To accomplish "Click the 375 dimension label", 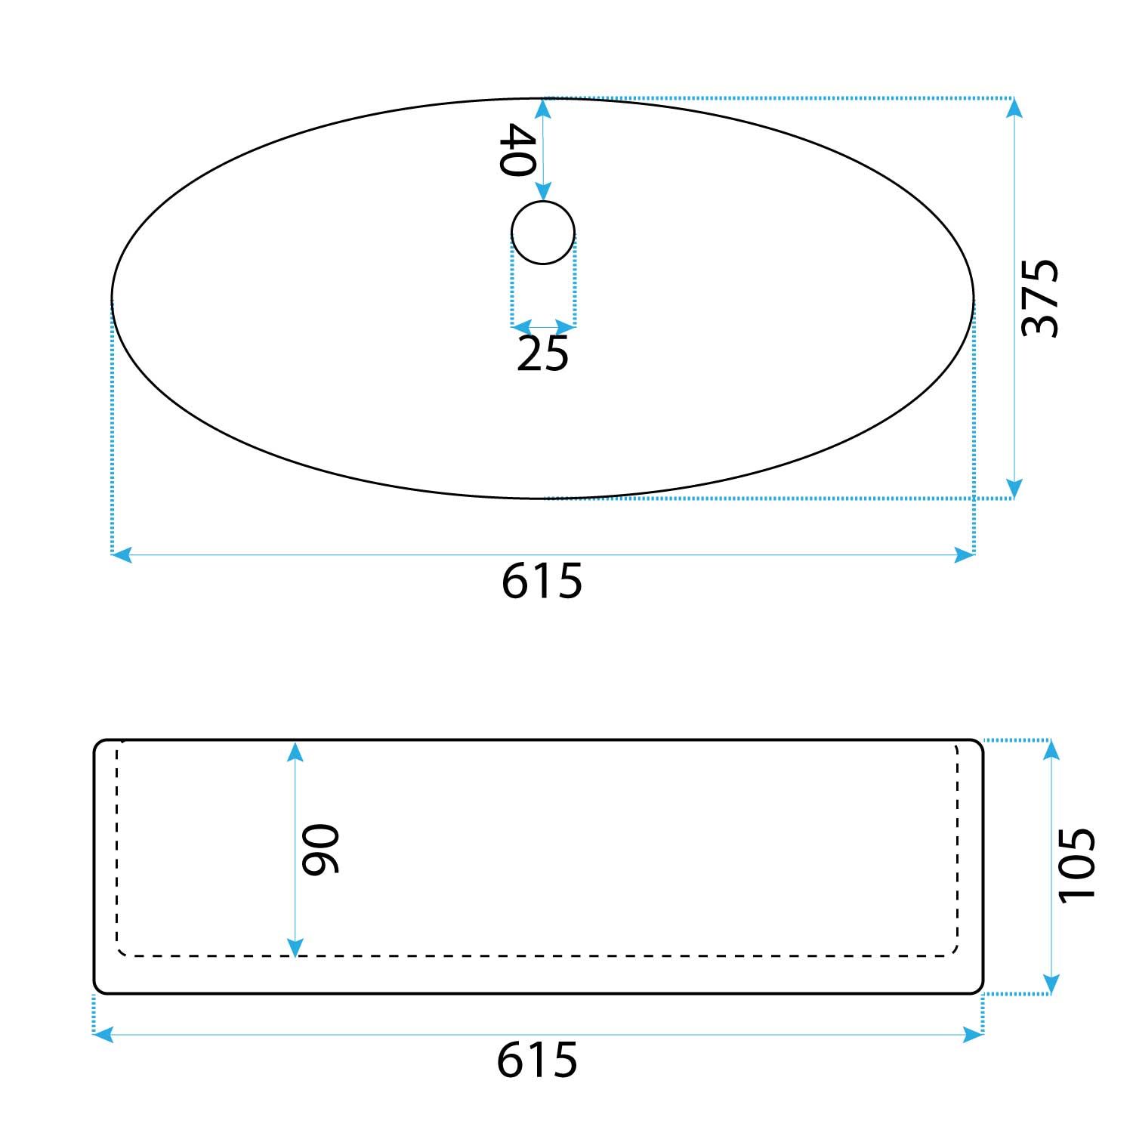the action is pyautogui.click(x=1041, y=298).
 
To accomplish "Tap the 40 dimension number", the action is pyautogui.click(x=518, y=150).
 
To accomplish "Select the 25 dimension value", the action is pyautogui.click(x=542, y=353).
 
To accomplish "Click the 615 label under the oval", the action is pyautogui.click(x=542, y=580).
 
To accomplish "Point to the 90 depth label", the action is pyautogui.click(x=320, y=849).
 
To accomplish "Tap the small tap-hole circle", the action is pyautogui.click(x=543, y=233).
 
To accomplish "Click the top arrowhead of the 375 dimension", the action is pyautogui.click(x=1014, y=108).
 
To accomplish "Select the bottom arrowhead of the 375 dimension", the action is pyautogui.click(x=1014, y=489).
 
